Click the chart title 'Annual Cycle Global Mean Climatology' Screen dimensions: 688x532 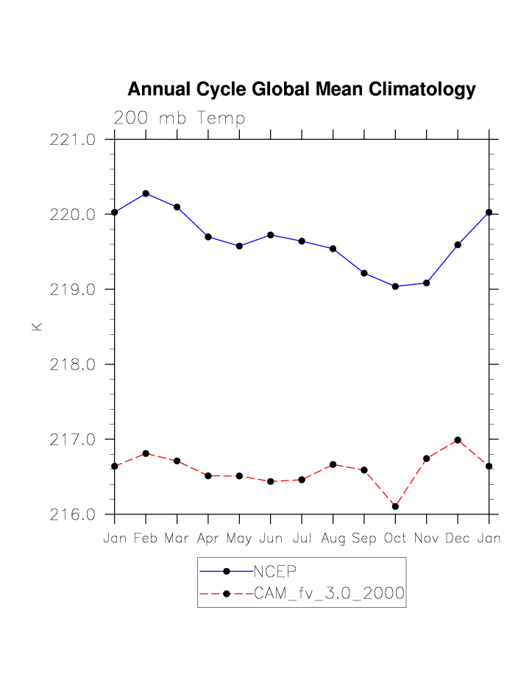click(x=302, y=90)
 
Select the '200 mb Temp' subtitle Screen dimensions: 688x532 click(x=179, y=118)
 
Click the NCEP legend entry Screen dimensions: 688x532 click(x=274, y=571)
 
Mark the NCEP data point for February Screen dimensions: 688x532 click(x=146, y=194)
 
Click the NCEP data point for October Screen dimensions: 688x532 click(x=396, y=286)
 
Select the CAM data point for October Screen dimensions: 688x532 click(x=396, y=506)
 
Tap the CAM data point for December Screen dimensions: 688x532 click(x=458, y=440)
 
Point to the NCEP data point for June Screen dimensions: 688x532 click(x=271, y=235)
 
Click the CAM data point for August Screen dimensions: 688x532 click(x=333, y=464)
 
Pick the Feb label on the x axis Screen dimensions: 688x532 click(x=146, y=539)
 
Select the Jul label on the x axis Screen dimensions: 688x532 click(x=302, y=539)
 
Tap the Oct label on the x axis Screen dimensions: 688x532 click(x=395, y=539)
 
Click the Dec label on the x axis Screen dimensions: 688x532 click(x=458, y=539)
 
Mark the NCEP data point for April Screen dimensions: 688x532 click(x=208, y=237)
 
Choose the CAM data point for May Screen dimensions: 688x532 click(x=239, y=476)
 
